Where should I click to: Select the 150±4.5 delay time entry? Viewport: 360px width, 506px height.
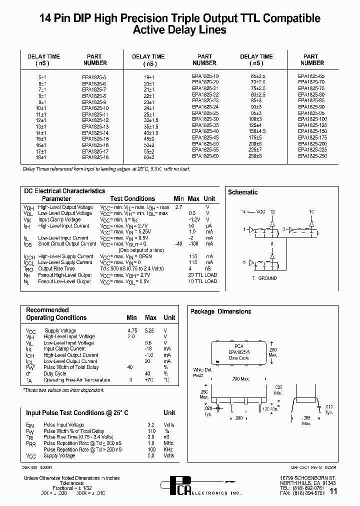[256, 130]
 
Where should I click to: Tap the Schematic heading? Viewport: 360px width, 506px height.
[242, 192]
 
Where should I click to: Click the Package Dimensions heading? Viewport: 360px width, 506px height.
[220, 311]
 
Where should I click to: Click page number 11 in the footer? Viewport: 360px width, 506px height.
[333, 492]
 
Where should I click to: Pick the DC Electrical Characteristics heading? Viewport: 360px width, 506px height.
[64, 191]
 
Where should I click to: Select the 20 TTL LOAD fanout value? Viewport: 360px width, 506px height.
[202, 275]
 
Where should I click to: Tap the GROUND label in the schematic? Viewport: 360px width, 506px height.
[267, 278]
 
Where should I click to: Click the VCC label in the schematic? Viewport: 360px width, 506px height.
[260, 212]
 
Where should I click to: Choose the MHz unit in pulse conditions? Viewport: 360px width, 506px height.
[168, 443]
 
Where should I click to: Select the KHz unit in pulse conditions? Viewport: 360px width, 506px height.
[168, 449]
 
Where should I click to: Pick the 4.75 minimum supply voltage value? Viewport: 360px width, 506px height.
[131, 330]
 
